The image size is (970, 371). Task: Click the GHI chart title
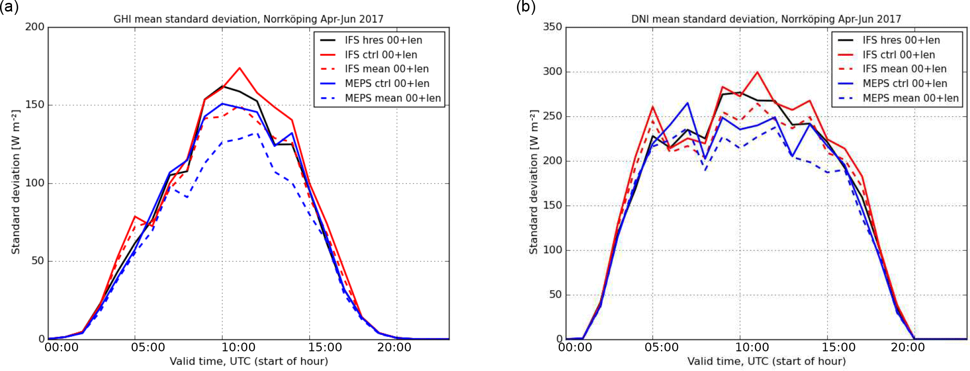248,19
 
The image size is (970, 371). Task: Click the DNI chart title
766,19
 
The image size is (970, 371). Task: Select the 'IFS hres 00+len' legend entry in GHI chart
383,40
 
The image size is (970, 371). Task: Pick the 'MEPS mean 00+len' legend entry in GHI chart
392,98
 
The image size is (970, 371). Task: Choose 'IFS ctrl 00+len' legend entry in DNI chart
898,55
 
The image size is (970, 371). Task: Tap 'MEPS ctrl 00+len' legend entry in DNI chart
905,84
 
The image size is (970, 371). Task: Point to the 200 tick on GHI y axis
35,27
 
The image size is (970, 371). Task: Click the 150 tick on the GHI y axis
35,105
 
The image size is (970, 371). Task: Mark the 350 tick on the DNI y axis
552,27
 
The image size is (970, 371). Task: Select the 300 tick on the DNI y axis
552,72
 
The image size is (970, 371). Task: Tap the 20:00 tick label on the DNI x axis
907,347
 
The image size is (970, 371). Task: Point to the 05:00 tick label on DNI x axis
661,347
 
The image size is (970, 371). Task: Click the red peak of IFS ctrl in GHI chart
239,68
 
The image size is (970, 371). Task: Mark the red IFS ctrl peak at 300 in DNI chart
757,72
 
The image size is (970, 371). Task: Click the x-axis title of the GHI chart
249,361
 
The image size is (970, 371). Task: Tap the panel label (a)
9,7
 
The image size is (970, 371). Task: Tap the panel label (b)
526,7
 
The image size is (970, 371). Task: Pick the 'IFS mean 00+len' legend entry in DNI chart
904,69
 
